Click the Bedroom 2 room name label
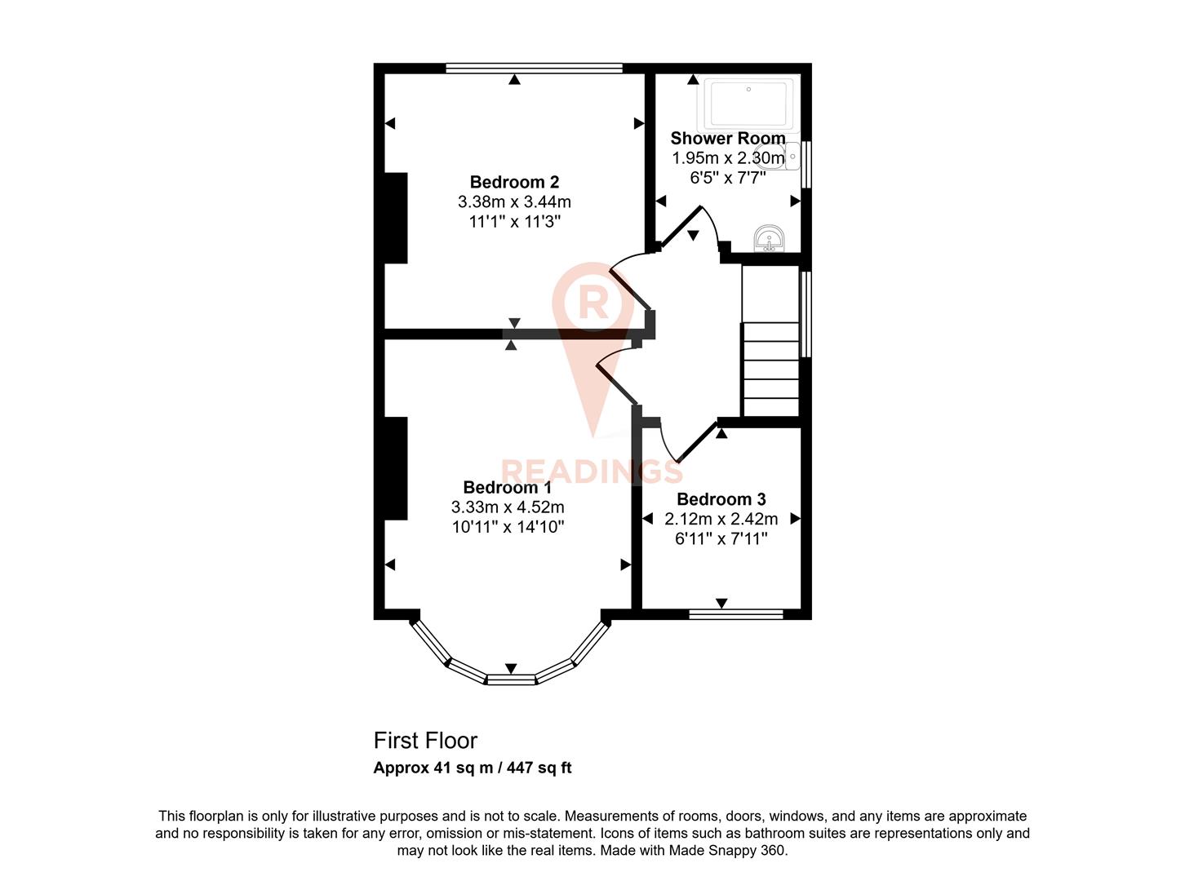pos(514,182)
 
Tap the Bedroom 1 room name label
pos(507,487)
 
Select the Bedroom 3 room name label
pos(721,499)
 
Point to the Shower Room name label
pos(727,139)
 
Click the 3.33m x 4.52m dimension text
pos(508,507)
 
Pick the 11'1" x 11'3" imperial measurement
pos(514,221)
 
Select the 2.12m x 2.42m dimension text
pos(721,519)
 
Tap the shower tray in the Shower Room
pos(748,104)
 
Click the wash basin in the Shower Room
pos(769,239)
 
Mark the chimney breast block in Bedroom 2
pos(396,218)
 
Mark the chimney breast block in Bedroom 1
pos(396,468)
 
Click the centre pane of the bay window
pos(511,679)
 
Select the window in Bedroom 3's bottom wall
pos(735,614)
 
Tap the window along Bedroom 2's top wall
pos(534,69)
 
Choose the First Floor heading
pos(425,741)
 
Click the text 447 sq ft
pos(539,768)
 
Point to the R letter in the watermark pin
pos(592,302)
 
